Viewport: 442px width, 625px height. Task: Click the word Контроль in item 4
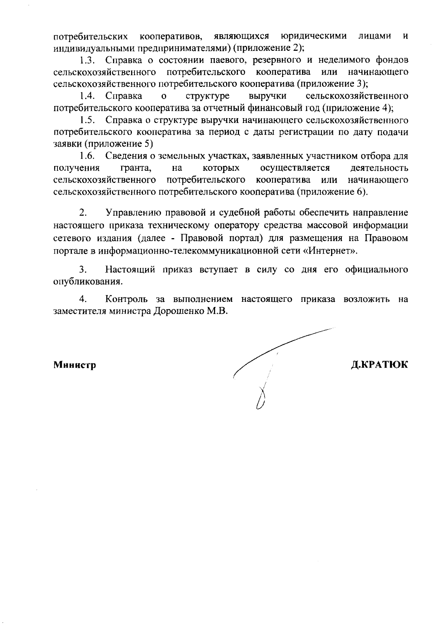[127, 299]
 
